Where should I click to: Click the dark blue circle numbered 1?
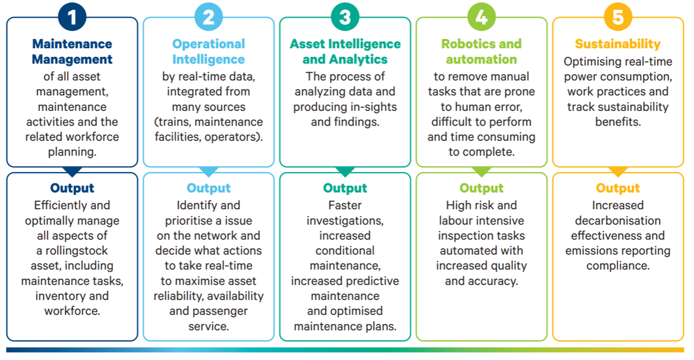tap(72, 17)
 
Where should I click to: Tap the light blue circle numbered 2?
tap(209, 17)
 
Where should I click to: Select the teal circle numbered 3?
tap(345, 17)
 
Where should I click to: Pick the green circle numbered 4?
tap(481, 17)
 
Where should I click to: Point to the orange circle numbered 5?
tap(618, 17)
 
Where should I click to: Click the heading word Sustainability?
tap(618, 44)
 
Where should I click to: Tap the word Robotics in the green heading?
tap(464, 44)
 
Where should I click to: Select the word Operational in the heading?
tap(209, 44)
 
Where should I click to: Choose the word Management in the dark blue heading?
tap(72, 59)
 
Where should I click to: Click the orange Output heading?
tap(618, 189)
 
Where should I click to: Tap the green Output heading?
tap(481, 189)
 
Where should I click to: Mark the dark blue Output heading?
tap(72, 189)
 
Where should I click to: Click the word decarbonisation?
tap(618, 220)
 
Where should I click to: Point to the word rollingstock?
tap(76, 251)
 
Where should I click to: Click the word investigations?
tap(345, 221)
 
